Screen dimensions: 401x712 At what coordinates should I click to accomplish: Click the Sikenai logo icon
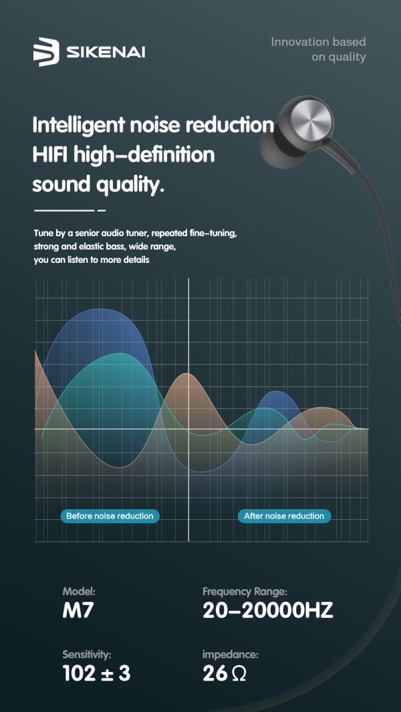[x=46, y=52]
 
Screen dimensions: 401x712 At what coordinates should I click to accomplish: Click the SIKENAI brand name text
[x=106, y=53]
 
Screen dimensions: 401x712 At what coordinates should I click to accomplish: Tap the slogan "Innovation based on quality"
[x=318, y=49]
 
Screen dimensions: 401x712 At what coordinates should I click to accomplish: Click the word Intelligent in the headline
[x=79, y=125]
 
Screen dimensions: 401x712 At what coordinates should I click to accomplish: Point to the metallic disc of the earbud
[x=312, y=121]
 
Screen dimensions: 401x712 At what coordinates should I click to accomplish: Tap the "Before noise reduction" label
[x=110, y=516]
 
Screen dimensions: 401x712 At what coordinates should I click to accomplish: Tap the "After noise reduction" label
[x=284, y=516]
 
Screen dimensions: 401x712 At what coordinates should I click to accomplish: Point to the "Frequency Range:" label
[x=245, y=592]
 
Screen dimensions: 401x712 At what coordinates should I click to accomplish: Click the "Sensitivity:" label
[x=87, y=655]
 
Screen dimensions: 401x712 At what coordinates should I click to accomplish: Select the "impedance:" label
[x=231, y=655]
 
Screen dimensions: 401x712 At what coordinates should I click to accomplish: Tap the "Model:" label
[x=79, y=592]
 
